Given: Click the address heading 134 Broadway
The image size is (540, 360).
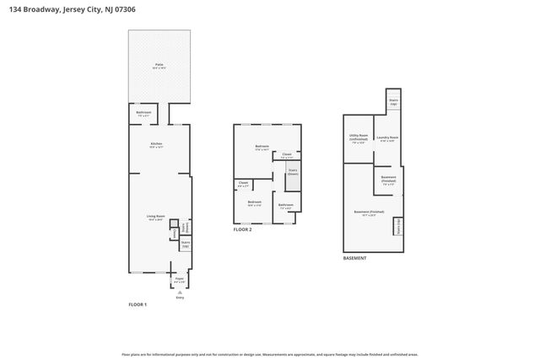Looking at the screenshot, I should point(67,8).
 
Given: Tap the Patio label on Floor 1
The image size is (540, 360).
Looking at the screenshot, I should point(159,65).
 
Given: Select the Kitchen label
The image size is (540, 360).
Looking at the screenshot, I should point(156,145).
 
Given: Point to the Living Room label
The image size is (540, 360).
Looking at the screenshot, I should point(155,218).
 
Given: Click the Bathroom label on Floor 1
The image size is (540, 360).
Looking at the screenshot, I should point(144,113).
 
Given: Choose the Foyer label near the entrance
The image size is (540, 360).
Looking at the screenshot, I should point(179,278).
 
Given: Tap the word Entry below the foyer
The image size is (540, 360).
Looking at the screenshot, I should point(179,298).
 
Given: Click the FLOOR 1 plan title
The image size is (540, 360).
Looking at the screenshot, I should point(137,304).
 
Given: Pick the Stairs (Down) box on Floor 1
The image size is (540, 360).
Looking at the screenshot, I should point(185,228).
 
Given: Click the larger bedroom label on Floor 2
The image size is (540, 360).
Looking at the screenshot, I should point(262,148).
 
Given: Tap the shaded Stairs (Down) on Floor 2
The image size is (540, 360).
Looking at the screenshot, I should point(293,172).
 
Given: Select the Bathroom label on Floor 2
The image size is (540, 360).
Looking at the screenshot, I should point(286,205).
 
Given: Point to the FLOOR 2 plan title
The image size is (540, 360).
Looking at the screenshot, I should point(243,229).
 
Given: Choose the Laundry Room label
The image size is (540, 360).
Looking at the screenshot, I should point(388,139).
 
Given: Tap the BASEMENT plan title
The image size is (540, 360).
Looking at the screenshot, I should point(354,258).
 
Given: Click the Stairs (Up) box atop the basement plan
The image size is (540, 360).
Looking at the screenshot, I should point(393,101).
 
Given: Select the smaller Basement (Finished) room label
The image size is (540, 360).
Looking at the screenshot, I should point(388,179).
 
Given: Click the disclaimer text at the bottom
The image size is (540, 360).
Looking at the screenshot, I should point(270,354).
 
